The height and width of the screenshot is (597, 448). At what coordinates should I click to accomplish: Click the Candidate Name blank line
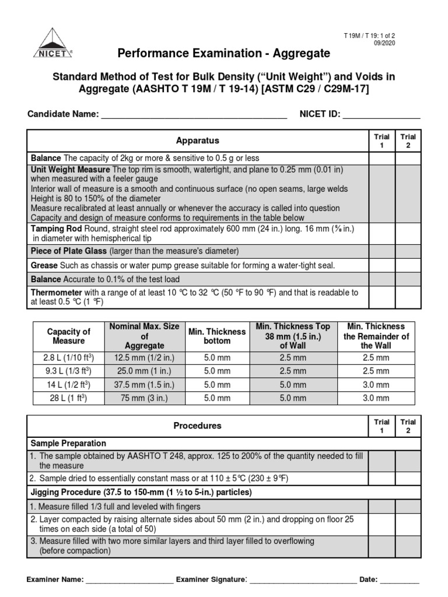pos(194,115)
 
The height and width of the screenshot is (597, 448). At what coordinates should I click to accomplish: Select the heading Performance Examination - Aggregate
pos(224,54)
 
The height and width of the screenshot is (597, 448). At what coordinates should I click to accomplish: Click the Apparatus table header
pos(198,141)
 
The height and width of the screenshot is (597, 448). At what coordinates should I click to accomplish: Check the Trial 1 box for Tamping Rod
pos(382,234)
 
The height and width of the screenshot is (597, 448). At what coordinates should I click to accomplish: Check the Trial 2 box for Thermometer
pos(408,297)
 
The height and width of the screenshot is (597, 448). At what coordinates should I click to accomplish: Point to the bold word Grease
pos(43,265)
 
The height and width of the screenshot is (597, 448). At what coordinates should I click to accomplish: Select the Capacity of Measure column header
pos(68,336)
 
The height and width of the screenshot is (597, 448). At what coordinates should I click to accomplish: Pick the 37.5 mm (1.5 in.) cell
pos(145,385)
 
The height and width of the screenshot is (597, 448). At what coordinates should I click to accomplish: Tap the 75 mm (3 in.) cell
pos(145,398)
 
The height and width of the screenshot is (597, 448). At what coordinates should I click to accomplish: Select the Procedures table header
pos(198,426)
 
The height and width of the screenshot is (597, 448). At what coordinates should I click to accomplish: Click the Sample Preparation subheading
pos(68,443)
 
